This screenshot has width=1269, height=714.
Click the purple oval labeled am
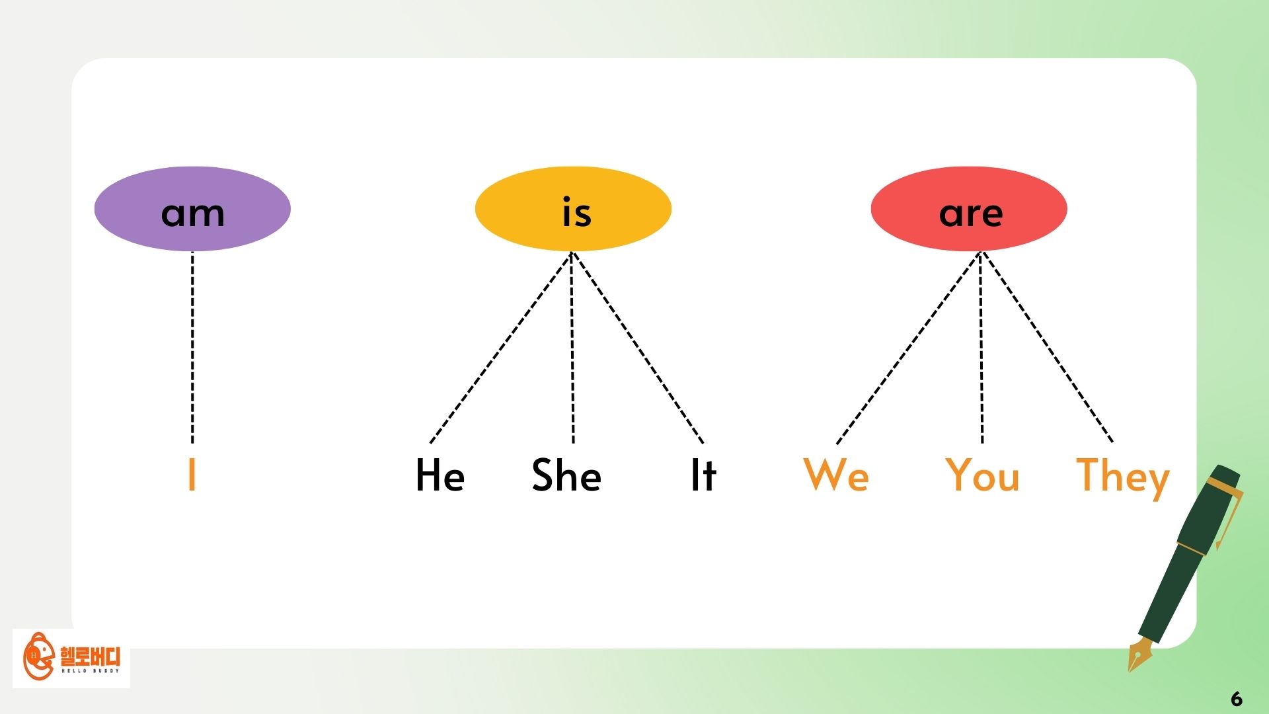coord(192,209)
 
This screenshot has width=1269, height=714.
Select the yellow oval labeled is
coord(573,209)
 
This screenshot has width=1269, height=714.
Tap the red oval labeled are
coord(969,209)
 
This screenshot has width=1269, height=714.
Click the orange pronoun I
coord(192,474)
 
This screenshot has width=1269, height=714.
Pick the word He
coord(440,475)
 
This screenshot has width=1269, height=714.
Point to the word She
coord(567,475)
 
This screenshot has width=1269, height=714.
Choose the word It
coord(703,475)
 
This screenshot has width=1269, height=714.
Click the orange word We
coord(836,475)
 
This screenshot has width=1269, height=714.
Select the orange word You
coord(983,475)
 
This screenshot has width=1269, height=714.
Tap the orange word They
coord(1123,477)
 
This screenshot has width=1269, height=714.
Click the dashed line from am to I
coord(192,347)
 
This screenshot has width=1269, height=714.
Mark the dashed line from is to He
coord(501,347)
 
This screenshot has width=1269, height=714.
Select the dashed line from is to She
coord(572,347)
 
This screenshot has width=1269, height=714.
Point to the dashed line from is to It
coord(638,347)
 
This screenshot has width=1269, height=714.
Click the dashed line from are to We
coord(909,347)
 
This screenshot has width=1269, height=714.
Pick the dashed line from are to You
coord(981,347)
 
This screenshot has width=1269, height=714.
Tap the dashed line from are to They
coord(1048,347)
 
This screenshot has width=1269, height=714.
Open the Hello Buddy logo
coord(71,658)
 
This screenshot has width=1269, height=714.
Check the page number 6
coord(1237,699)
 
